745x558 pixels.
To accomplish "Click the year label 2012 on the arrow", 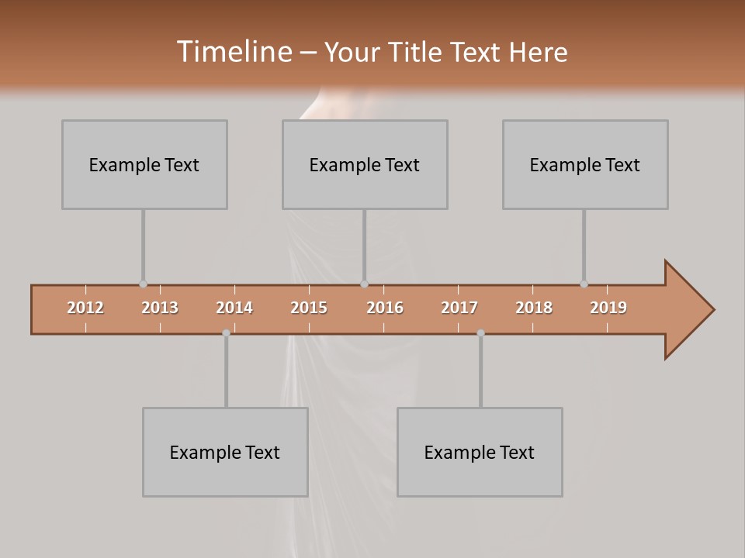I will tap(85, 308).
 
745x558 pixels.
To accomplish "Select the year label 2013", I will tap(160, 308).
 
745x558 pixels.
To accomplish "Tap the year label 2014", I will tap(234, 308).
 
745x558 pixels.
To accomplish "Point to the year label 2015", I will tap(309, 308).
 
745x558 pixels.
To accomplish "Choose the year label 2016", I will tap(385, 308).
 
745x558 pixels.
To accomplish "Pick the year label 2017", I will tap(459, 308).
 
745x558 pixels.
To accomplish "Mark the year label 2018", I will tap(534, 308).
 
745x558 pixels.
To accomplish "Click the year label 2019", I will tap(608, 308).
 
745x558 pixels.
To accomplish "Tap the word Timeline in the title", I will tap(234, 52).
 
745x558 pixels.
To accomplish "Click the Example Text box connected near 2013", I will tap(144, 164).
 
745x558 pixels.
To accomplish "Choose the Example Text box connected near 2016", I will tap(365, 164).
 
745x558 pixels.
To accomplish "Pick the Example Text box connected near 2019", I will tap(585, 164).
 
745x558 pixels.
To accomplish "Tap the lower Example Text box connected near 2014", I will tap(225, 452).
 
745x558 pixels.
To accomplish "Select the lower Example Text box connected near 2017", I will tap(480, 452).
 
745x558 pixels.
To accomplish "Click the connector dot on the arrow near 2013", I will tap(143, 284).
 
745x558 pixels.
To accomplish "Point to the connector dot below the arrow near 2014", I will tap(226, 333).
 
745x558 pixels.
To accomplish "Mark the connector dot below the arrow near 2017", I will tap(480, 333).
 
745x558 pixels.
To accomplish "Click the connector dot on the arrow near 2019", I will tap(584, 284).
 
